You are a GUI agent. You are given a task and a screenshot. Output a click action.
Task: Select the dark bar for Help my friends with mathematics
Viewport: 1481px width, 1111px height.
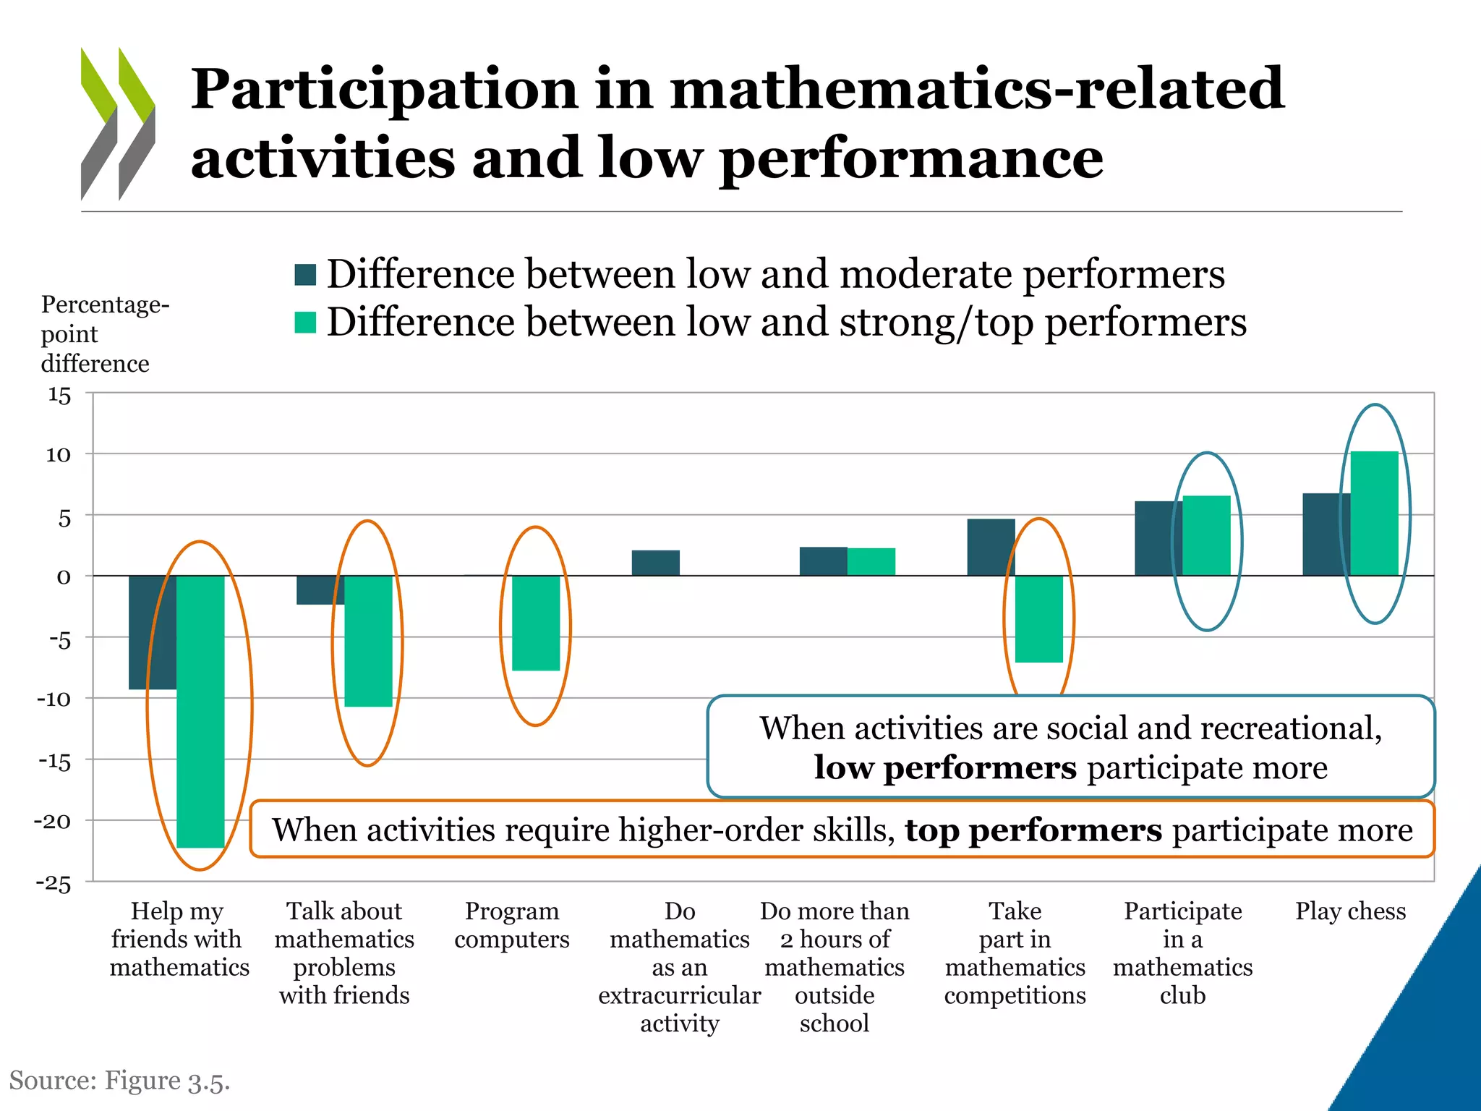pos(152,632)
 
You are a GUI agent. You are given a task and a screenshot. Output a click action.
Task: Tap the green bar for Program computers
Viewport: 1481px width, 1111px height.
pos(536,623)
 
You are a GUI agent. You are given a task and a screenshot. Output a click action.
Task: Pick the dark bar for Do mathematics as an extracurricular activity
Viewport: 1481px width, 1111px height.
pos(655,563)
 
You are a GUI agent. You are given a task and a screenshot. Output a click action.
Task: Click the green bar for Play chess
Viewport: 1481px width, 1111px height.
pos(1374,514)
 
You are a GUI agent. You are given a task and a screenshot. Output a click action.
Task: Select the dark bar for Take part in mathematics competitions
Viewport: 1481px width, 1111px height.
pos(991,547)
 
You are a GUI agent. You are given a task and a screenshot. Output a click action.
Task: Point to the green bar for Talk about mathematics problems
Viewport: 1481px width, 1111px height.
pos(368,641)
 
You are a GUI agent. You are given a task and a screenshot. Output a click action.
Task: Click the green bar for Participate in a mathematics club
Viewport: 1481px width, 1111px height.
pos(1206,535)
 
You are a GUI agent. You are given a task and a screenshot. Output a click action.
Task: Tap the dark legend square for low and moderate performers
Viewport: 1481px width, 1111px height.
pos(305,275)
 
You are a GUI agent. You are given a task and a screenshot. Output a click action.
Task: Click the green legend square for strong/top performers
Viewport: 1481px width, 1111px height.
pos(305,323)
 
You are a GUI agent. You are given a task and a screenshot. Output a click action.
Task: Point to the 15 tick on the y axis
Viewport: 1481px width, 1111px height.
pos(59,396)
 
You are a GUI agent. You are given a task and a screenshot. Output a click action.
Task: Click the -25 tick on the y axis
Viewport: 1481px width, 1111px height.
pos(54,884)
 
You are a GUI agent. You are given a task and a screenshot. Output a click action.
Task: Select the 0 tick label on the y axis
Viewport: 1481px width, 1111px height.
pos(64,577)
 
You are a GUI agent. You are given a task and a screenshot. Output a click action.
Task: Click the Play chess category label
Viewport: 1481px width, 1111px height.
pos(1350,911)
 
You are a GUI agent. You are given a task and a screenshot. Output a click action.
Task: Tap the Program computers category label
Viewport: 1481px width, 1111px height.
pos(512,925)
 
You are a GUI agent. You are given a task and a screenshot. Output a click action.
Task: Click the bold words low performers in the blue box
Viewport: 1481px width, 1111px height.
pos(944,767)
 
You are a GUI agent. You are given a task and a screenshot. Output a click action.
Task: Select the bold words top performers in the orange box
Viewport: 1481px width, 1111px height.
pos(1033,830)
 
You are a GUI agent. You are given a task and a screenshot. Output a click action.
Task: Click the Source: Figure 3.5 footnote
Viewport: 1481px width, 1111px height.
pos(119,1081)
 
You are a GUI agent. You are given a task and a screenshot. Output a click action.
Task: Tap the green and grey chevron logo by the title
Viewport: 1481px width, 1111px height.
pos(117,124)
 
